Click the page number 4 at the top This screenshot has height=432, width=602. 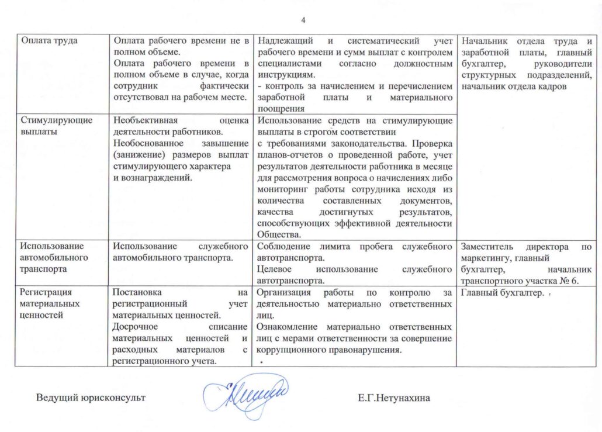(303, 21)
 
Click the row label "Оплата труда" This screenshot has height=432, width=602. (44, 41)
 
